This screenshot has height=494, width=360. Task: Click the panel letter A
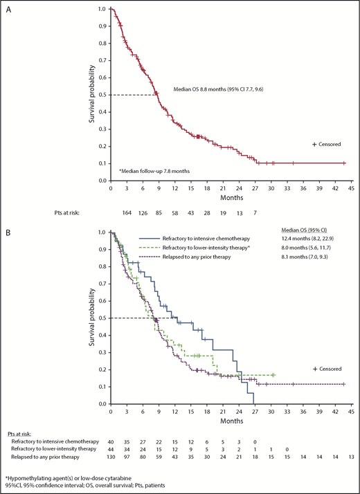[6, 5]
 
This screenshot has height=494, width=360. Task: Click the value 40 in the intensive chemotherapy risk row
[111, 440]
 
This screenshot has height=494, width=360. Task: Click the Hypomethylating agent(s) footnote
[64, 477]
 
